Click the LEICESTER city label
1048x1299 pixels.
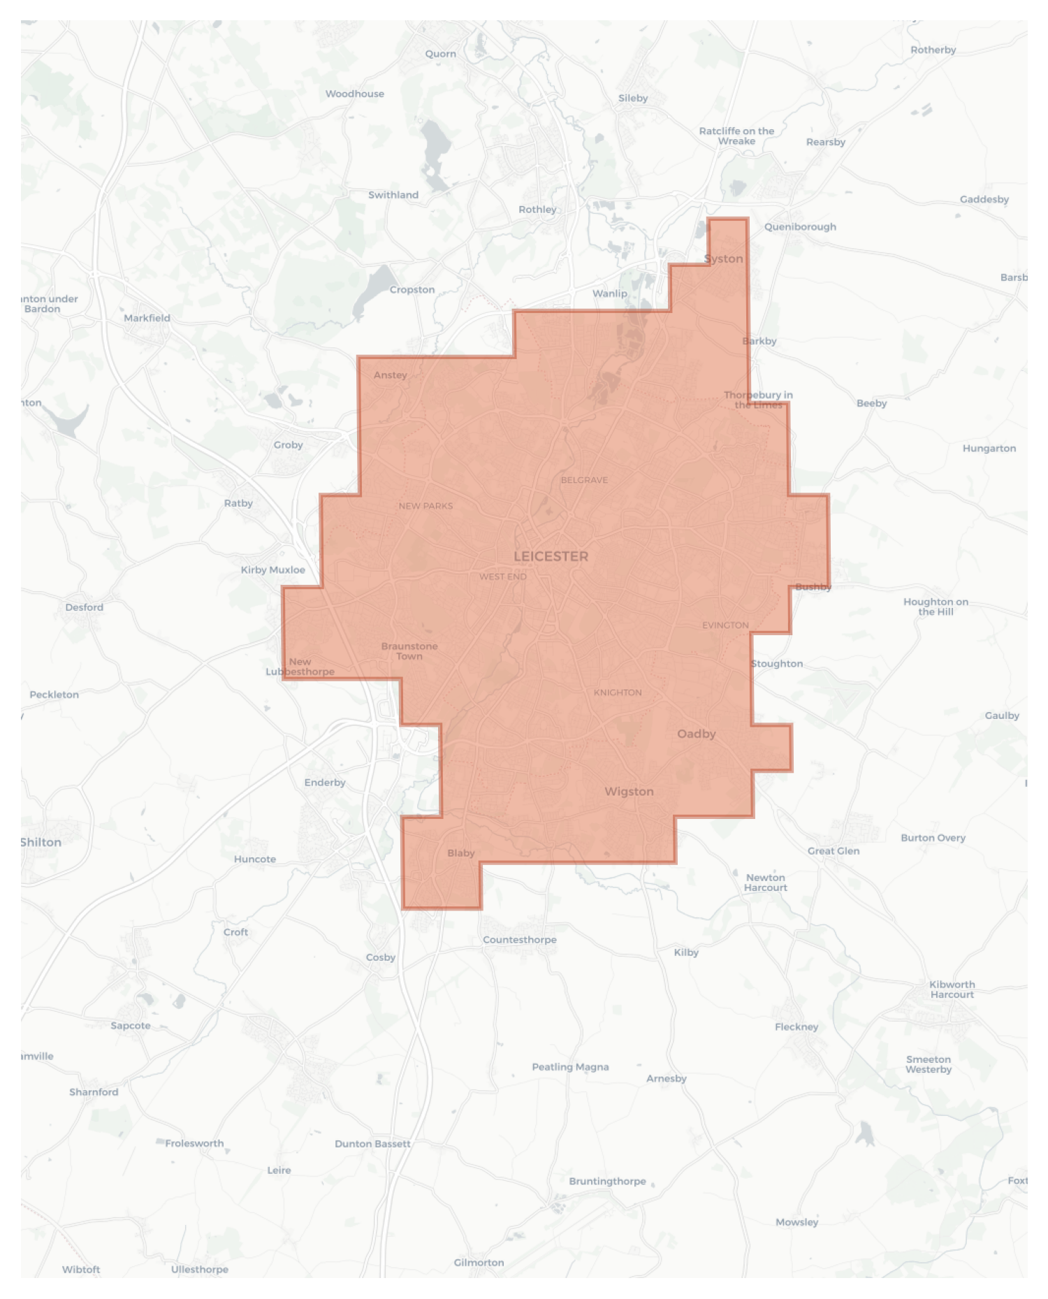pos(551,556)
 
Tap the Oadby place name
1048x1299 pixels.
pos(696,734)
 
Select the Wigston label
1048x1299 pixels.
pos(629,792)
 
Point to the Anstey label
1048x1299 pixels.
pos(390,375)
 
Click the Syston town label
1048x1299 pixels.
pos(723,259)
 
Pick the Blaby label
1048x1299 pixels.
pos(460,853)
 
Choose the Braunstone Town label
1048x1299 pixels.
pos(409,651)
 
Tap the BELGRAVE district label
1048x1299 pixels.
pos(584,480)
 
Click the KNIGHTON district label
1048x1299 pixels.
pos(618,692)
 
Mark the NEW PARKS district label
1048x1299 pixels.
pos(425,506)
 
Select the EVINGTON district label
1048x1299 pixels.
pos(725,625)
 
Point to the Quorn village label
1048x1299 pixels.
pos(440,54)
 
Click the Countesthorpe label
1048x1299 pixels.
pos(520,940)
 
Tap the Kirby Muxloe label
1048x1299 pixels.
pos(272,570)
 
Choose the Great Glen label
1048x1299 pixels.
pos(834,851)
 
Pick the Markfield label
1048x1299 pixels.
pos(147,318)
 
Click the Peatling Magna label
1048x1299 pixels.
pos(570,1067)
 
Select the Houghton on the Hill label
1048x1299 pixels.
pos(936,607)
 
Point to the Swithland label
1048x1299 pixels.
pos(393,195)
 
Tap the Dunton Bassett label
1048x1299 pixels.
pos(372,1144)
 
